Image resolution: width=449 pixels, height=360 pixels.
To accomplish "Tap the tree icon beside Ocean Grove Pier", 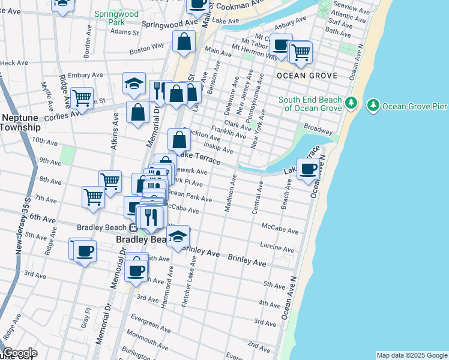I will tap(373, 106).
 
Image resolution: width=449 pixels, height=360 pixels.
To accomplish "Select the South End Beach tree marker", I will tap(352, 104).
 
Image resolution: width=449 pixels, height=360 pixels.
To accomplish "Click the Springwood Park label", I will tap(116, 18).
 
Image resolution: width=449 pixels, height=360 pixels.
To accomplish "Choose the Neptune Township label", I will tap(20, 122).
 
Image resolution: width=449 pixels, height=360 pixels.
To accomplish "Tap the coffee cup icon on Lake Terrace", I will tap(309, 169).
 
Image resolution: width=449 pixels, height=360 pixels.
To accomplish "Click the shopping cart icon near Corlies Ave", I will tap(82, 97).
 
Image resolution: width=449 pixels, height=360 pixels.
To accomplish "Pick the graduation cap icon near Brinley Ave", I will tap(178, 236).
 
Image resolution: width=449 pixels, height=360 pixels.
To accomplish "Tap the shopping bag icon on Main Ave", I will tap(184, 41).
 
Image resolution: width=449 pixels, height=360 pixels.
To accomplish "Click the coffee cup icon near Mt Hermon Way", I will tap(280, 44).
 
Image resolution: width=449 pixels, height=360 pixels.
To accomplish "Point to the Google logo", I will tap(19, 353).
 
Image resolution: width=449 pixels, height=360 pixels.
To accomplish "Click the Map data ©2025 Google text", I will tap(411, 355).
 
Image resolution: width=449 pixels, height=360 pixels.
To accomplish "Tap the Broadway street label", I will tap(318, 129).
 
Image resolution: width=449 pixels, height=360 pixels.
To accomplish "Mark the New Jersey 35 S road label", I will tap(24, 225).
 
